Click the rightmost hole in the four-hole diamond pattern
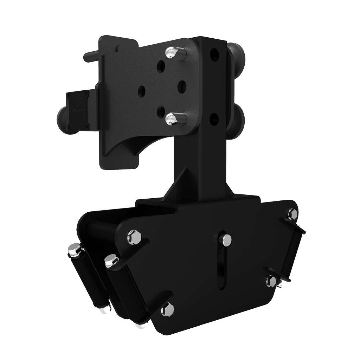coord(182,86)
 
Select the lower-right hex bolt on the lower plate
coord(271,281)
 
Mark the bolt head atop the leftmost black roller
coord(74,250)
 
